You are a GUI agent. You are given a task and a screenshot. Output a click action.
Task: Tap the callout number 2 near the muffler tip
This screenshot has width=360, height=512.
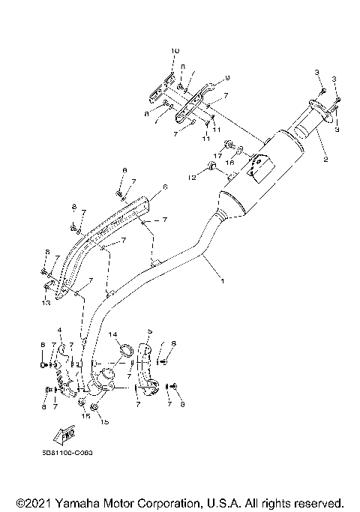pos(325,160)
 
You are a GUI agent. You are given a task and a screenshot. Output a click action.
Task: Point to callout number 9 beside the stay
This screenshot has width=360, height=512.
pos(227,78)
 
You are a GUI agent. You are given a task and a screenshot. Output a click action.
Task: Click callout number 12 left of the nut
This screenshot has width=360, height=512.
pos(191,177)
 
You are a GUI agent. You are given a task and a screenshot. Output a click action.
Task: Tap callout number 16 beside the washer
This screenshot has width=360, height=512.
pos(230,162)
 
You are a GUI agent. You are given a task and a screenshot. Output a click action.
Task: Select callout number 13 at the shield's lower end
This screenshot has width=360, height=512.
pos(46,304)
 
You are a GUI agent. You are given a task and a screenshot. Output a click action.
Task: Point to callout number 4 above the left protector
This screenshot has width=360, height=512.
pos(59,330)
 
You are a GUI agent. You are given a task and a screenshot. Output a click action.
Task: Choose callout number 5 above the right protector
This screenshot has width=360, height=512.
pos(150,331)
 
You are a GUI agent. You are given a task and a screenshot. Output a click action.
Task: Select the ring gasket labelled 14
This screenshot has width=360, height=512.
pos(127,350)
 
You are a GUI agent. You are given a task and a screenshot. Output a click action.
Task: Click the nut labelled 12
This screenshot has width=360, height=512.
pos(212,166)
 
